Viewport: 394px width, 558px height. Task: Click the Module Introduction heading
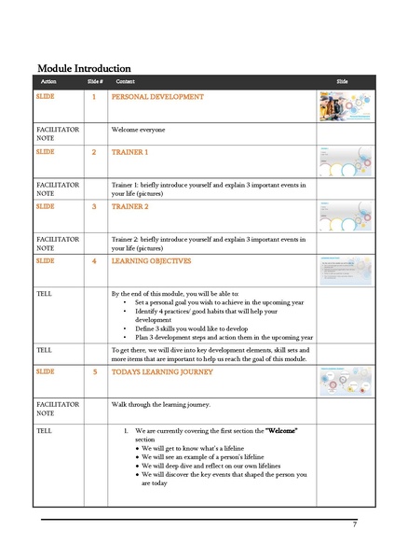pyautogui.click(x=83, y=68)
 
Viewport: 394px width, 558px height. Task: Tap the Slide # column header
pyautogui.click(x=93, y=82)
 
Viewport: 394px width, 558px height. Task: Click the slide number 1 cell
pyautogui.click(x=93, y=97)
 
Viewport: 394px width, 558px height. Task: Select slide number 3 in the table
pyautogui.click(x=93, y=206)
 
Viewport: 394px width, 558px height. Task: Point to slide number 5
pyautogui.click(x=93, y=371)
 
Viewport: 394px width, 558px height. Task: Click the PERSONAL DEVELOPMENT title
pyautogui.click(x=157, y=97)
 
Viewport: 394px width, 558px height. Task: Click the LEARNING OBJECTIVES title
pyautogui.click(x=152, y=261)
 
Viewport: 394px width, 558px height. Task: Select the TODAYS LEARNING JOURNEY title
pyautogui.click(x=162, y=371)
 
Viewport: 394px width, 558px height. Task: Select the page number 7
pyautogui.click(x=354, y=524)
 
